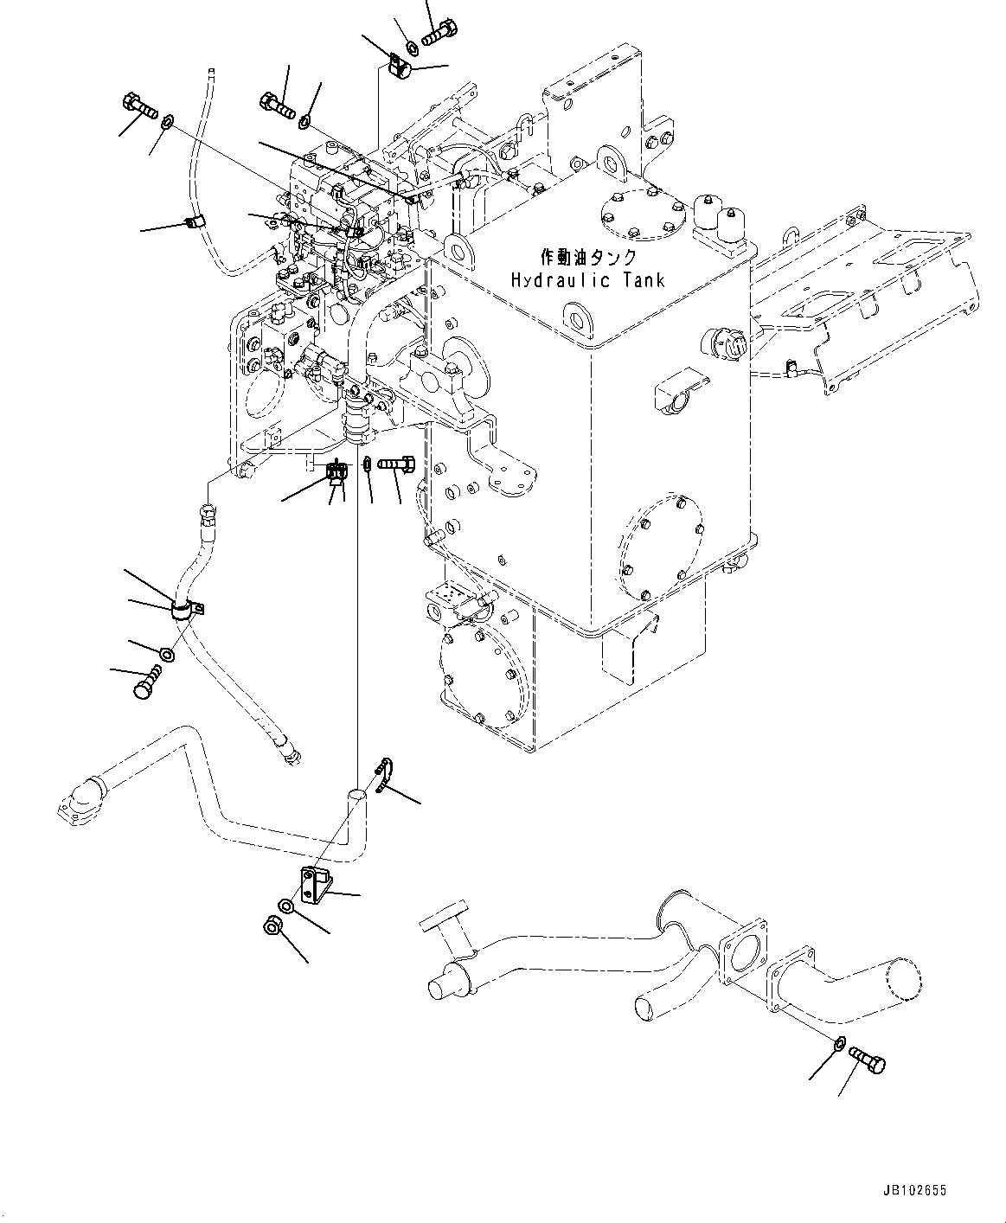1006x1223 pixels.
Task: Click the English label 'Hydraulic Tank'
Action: pyautogui.click(x=587, y=280)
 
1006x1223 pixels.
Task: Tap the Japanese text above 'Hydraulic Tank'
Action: pyautogui.click(x=587, y=257)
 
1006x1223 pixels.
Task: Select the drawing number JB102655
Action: pyautogui.click(x=914, y=1191)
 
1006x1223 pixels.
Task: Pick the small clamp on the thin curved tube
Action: pyautogui.click(x=194, y=223)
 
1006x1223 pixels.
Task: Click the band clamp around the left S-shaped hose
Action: pyautogui.click(x=183, y=611)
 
